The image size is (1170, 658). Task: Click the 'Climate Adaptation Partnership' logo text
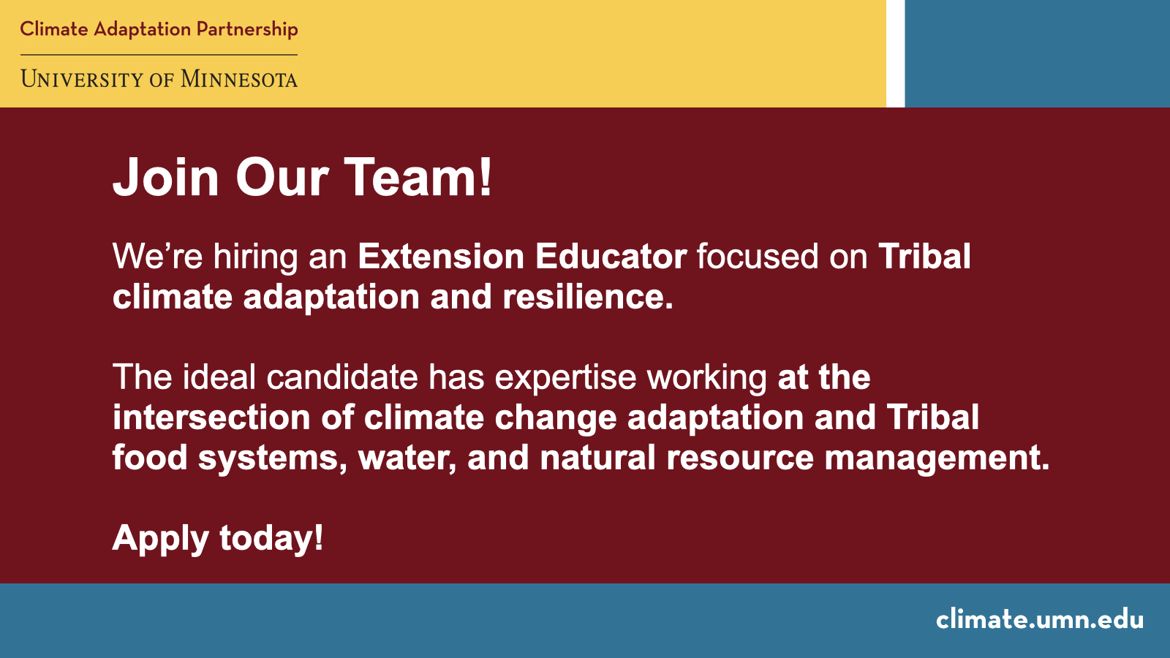tap(159, 29)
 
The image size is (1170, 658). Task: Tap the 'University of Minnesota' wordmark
tap(159, 79)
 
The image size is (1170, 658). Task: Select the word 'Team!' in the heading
tap(418, 178)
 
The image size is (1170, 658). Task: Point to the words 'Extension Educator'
tap(521, 257)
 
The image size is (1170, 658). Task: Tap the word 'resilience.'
tap(587, 297)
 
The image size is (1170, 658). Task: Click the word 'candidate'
tap(342, 377)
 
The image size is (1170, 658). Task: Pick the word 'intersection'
tap(211, 417)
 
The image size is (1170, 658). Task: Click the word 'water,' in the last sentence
tap(407, 458)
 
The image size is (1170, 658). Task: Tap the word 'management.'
tap(937, 458)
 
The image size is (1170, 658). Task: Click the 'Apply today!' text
tap(218, 539)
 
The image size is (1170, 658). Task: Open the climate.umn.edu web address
tap(1039, 619)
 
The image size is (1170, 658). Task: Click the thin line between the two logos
tap(159, 55)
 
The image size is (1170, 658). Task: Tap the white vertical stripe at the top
tap(895, 53)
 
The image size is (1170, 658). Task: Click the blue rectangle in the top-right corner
tap(1037, 53)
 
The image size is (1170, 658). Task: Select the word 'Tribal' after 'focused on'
tap(924, 257)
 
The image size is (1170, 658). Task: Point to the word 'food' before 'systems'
tap(149, 458)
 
